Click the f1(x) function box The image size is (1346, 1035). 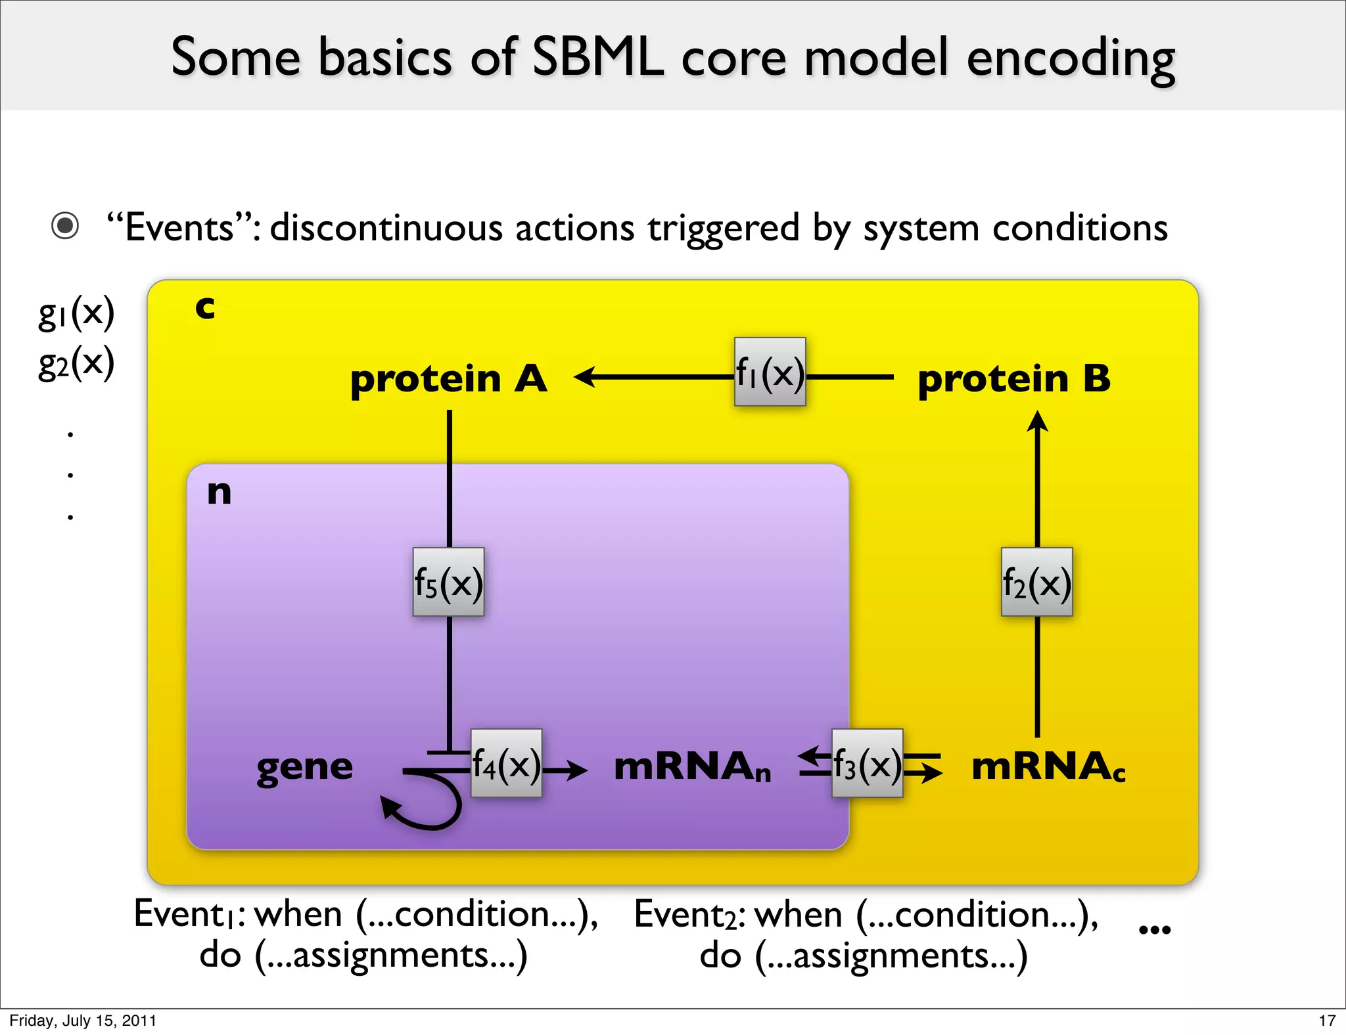coord(770,372)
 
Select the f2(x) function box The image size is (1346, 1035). coord(1036,582)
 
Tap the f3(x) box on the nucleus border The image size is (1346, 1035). coord(867,764)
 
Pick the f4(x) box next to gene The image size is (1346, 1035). coord(506,764)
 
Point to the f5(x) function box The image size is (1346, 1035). coord(448,582)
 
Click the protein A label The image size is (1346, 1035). coord(448,379)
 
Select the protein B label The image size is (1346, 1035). coord(1013,379)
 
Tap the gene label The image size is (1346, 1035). coord(304,767)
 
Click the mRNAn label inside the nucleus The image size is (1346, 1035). coord(691,766)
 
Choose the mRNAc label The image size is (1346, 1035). coord(1048,766)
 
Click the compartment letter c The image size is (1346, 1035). coord(205,307)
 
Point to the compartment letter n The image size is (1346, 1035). coord(219,492)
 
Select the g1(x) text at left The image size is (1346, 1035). coord(76,313)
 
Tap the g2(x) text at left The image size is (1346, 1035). coord(76,363)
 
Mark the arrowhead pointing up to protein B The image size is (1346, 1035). coord(1037,421)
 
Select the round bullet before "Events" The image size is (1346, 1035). coord(65,227)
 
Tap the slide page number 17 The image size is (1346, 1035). coord(1326,1021)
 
